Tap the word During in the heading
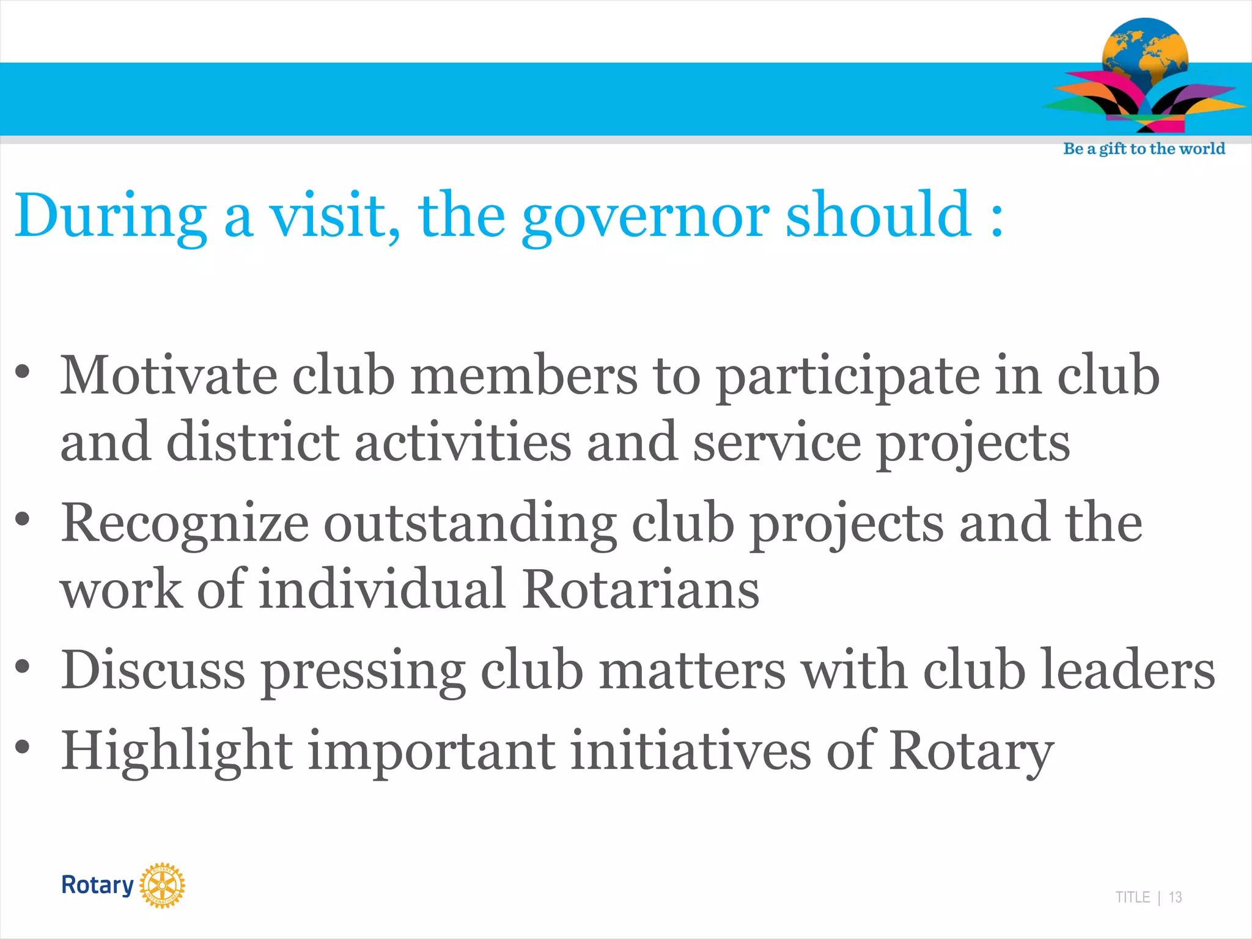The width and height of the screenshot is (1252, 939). point(110,216)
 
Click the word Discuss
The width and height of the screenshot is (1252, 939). point(153,670)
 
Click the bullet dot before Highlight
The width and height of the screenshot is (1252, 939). point(23,746)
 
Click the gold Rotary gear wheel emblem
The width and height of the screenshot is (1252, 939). point(162,885)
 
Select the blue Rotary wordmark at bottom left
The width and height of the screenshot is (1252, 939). point(97,885)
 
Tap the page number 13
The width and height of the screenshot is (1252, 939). point(1175,897)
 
